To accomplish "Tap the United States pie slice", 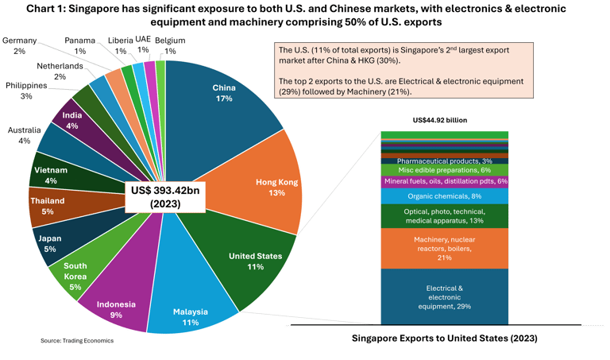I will click(x=241, y=258).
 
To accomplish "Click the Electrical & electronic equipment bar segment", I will click(x=444, y=296).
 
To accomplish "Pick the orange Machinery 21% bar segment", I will click(x=444, y=247).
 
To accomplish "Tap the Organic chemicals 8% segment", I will click(x=444, y=195).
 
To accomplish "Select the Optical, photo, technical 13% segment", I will click(x=444, y=215).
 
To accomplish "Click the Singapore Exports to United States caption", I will click(x=444, y=339).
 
